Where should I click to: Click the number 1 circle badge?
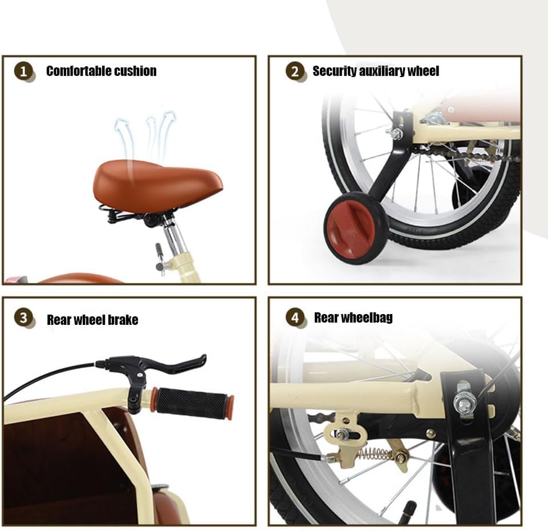point(23,71)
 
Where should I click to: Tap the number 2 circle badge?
point(295,71)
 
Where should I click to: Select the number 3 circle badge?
point(23,318)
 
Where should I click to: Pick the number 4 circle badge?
point(295,318)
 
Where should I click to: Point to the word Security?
point(335,71)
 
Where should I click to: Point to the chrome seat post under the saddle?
point(173,234)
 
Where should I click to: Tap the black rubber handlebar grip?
point(192,404)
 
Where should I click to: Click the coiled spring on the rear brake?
point(375,454)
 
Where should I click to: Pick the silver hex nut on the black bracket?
point(465,401)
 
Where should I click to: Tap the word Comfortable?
point(79,71)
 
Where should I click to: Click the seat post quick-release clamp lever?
point(159,258)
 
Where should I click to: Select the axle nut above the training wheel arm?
point(396,134)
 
